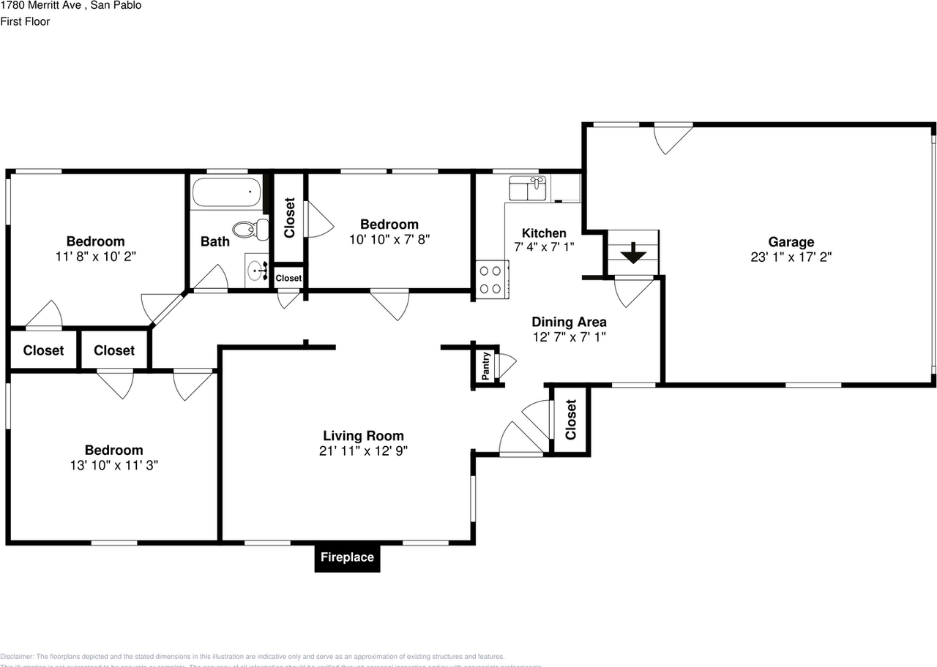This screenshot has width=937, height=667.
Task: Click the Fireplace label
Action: (x=347, y=557)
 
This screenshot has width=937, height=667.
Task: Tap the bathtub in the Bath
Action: (x=226, y=194)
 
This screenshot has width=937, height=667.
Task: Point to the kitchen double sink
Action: (x=527, y=189)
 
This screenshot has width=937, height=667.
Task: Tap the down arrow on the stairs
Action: (x=633, y=255)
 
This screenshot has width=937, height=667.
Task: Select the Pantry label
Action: (x=485, y=366)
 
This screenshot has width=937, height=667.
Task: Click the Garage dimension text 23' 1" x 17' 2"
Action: (x=791, y=257)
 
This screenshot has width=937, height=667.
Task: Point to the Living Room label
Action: (x=363, y=436)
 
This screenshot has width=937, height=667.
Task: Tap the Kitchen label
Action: (x=543, y=233)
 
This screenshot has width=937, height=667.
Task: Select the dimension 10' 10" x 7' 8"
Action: (x=389, y=238)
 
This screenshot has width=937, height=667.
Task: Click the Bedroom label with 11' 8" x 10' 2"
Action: (x=95, y=241)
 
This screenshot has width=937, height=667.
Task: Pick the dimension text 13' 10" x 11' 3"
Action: (x=113, y=464)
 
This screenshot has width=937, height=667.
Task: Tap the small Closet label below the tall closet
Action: (x=288, y=278)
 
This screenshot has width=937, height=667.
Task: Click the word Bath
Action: (x=214, y=241)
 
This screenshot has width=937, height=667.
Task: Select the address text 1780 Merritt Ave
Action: (x=40, y=6)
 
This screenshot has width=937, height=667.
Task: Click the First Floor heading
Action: (x=25, y=22)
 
